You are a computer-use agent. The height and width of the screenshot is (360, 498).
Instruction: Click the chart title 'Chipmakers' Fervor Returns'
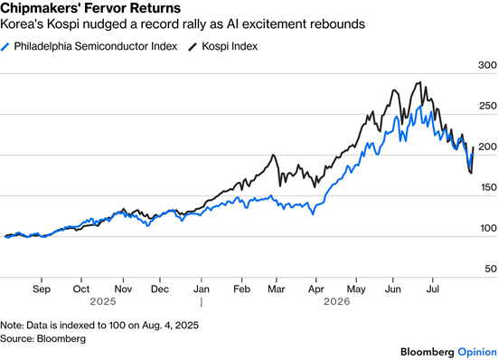pos(90,7)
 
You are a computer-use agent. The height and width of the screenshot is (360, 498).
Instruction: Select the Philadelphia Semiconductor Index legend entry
pos(89,46)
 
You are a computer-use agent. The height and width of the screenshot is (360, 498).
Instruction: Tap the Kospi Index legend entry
pos(222,46)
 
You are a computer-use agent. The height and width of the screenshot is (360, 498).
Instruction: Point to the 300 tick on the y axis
pos(487,65)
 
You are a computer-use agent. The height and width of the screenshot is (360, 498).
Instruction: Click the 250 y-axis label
pos(488,106)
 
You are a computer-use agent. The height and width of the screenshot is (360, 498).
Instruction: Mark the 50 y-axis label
pos(491,269)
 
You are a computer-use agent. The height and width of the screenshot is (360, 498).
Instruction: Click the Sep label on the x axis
pos(42,289)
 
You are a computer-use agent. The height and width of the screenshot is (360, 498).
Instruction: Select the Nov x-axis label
pos(123,289)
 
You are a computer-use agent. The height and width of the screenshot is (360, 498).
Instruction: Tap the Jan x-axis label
pos(202,289)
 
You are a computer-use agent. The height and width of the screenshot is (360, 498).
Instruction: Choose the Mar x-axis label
pos(277,289)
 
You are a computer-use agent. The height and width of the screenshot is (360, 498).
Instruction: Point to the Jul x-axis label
pos(432,289)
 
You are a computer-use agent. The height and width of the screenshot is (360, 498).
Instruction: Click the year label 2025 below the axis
pos(103,301)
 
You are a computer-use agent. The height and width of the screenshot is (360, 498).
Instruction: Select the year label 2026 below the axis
pos(337,301)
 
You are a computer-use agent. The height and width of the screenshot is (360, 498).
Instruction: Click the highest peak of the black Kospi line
pos(420,82)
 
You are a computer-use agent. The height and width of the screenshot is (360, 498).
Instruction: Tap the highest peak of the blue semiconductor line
pos(421,106)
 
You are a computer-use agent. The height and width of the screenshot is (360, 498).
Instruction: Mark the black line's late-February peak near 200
pos(273,155)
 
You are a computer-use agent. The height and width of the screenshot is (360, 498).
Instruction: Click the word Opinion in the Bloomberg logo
pos(477,352)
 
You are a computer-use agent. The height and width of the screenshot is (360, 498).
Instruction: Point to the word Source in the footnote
pos(16,338)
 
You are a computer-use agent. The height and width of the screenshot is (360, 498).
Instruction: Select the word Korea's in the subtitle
pos(22,24)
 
